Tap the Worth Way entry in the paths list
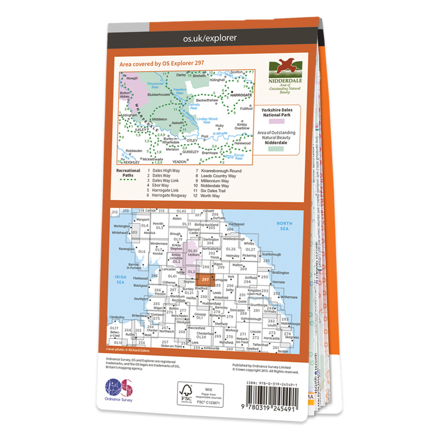click(x=213, y=196)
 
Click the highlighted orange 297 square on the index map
click(x=204, y=279)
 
